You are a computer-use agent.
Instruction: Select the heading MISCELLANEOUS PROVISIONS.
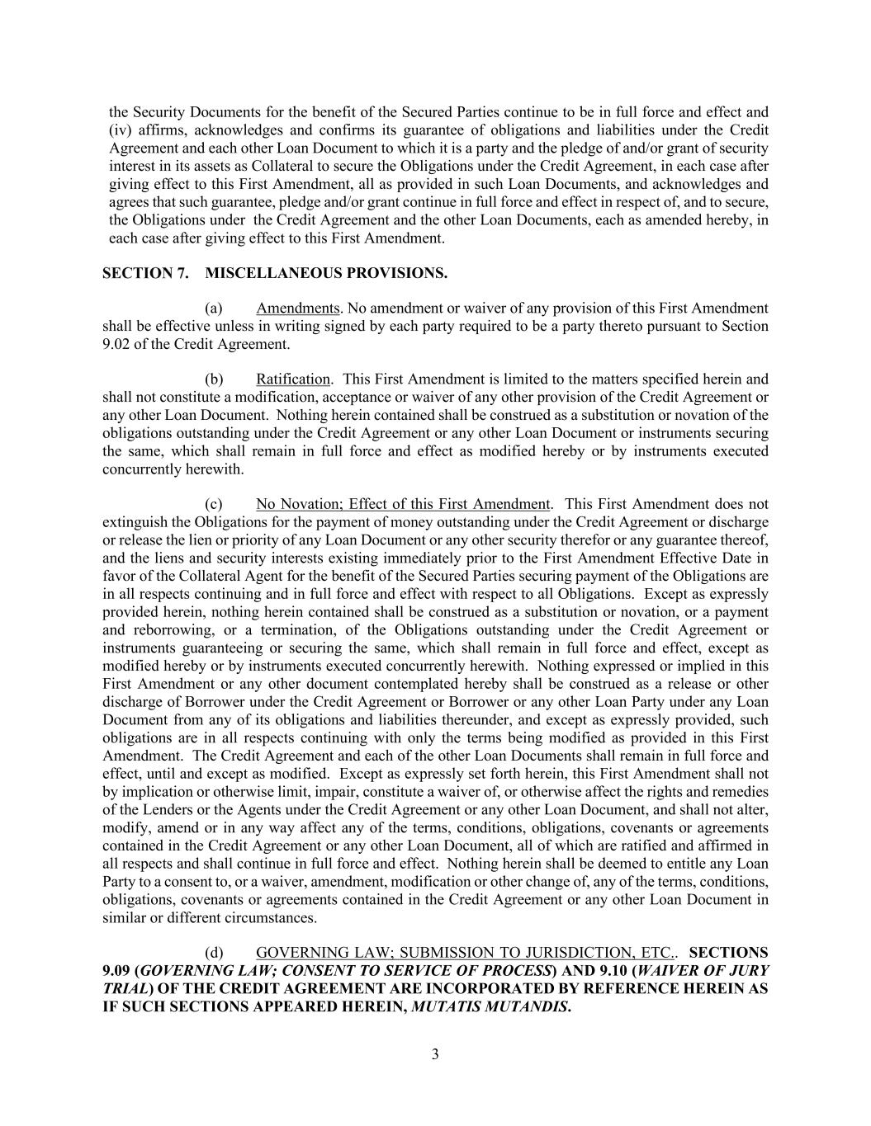click(326, 273)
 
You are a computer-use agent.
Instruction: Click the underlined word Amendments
click(297, 309)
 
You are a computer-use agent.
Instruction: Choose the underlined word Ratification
click(293, 379)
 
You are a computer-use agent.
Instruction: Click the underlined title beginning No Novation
click(403, 504)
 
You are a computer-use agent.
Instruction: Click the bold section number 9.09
click(116, 971)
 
